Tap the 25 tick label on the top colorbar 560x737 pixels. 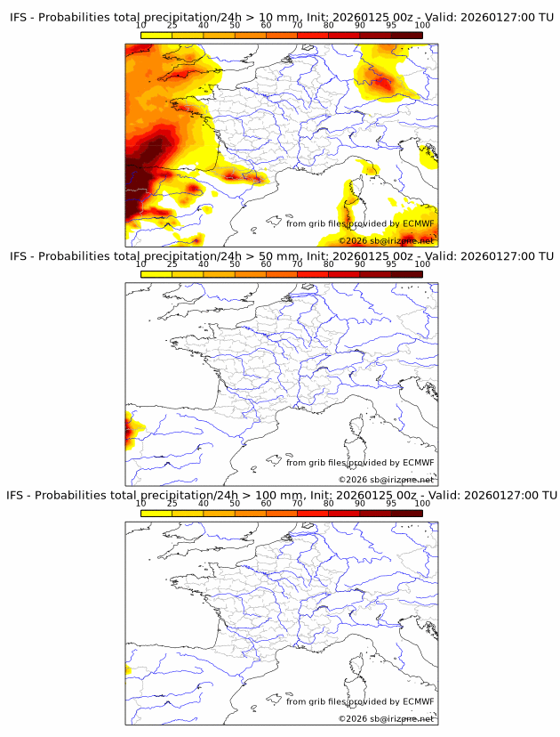pos(172,26)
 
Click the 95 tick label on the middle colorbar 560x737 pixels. pos(391,264)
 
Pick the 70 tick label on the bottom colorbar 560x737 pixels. pos(297,503)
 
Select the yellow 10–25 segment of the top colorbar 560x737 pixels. pos(156,35)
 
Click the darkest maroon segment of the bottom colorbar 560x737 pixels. pos(407,512)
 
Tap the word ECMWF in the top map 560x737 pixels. pos(419,223)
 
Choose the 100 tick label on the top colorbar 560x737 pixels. pos(422,26)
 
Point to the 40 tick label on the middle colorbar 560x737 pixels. pos(203,264)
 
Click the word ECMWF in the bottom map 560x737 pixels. pos(419,701)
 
